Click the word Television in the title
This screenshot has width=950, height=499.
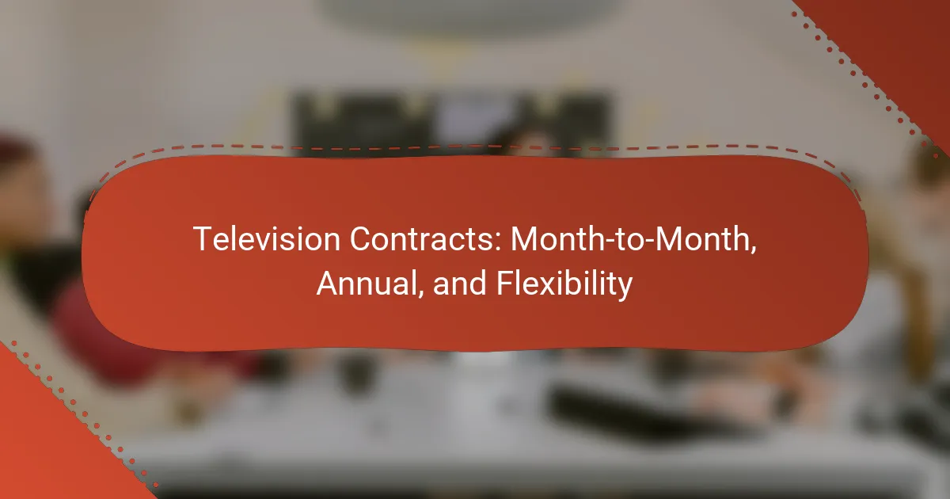pyautogui.click(x=267, y=239)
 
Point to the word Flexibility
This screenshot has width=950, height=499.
pyautogui.click(x=564, y=284)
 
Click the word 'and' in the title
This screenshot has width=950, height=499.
pyautogui.click(x=459, y=284)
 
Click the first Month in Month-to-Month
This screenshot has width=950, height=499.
pyautogui.click(x=560, y=239)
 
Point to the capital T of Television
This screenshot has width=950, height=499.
pyautogui.click(x=202, y=239)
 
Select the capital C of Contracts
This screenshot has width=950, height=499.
pyautogui.click(x=360, y=239)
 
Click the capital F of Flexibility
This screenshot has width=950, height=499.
pyautogui.click(x=504, y=283)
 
